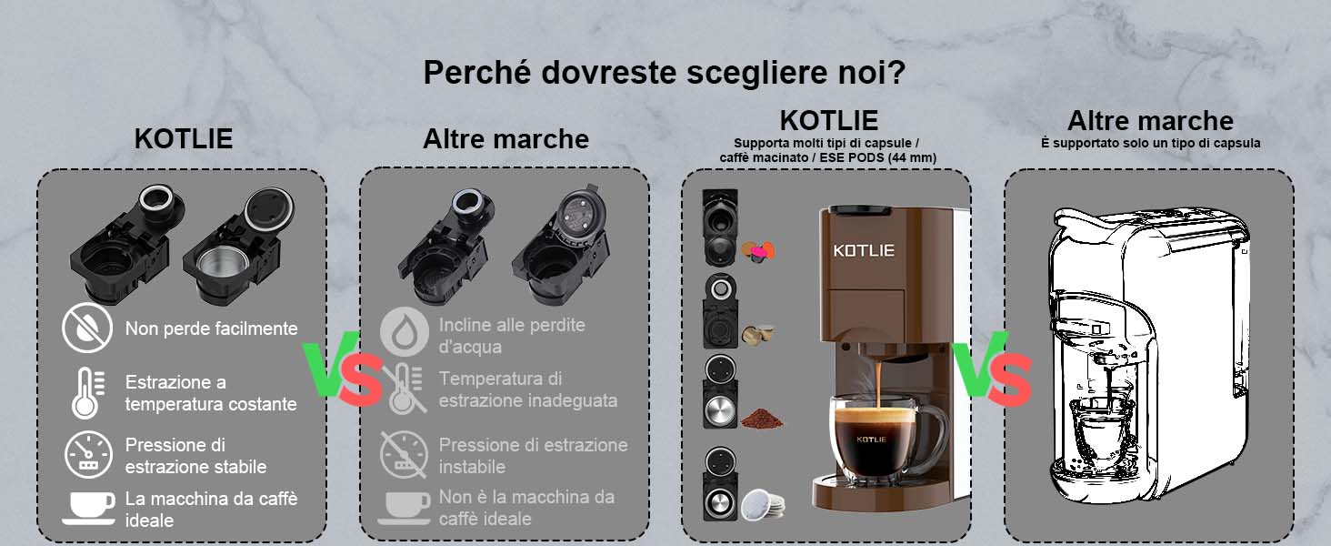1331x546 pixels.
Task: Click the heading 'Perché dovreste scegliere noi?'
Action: point(665,73)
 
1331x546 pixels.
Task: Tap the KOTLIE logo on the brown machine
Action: point(864,250)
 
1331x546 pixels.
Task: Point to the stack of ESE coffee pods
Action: point(763,504)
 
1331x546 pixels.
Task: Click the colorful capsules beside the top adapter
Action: point(759,251)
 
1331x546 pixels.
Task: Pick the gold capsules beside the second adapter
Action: point(757,335)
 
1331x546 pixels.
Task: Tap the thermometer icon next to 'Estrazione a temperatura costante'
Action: point(87,392)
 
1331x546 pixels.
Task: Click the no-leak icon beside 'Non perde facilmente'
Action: point(87,328)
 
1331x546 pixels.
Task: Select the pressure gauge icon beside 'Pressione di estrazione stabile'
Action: point(88,455)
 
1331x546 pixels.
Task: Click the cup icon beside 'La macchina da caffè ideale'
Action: point(89,508)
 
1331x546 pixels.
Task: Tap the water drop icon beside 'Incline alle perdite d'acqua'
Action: point(405,331)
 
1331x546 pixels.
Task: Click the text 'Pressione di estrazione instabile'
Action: point(533,456)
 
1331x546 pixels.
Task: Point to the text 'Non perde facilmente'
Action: point(211,329)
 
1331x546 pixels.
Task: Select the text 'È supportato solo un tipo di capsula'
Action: point(1150,144)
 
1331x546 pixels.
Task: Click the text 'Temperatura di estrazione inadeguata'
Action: point(527,389)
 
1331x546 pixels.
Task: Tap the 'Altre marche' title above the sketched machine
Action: point(1150,121)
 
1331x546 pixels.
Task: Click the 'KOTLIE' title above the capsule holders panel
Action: point(184,139)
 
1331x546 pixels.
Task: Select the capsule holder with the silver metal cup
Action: point(237,245)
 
